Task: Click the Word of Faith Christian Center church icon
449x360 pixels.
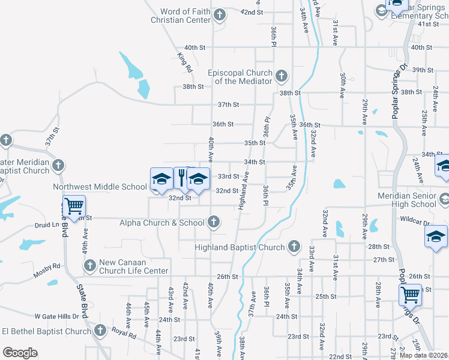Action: click(x=220, y=14)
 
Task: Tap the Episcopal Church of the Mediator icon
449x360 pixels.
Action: click(x=282, y=76)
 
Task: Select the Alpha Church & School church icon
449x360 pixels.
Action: click(x=213, y=222)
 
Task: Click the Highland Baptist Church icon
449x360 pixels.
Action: click(x=294, y=246)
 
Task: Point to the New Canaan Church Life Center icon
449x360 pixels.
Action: click(x=89, y=265)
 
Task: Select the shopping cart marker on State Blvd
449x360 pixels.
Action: click(x=74, y=206)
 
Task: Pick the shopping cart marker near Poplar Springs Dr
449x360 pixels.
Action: click(x=410, y=295)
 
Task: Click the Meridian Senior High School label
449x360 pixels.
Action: click(x=408, y=200)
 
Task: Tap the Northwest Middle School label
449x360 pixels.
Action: click(x=100, y=187)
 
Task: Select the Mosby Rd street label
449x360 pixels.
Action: click(x=48, y=265)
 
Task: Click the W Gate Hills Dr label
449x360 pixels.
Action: click(x=56, y=316)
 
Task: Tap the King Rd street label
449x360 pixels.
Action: click(x=185, y=63)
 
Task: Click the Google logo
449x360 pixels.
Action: click(x=20, y=352)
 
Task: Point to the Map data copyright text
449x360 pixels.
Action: click(x=423, y=355)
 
